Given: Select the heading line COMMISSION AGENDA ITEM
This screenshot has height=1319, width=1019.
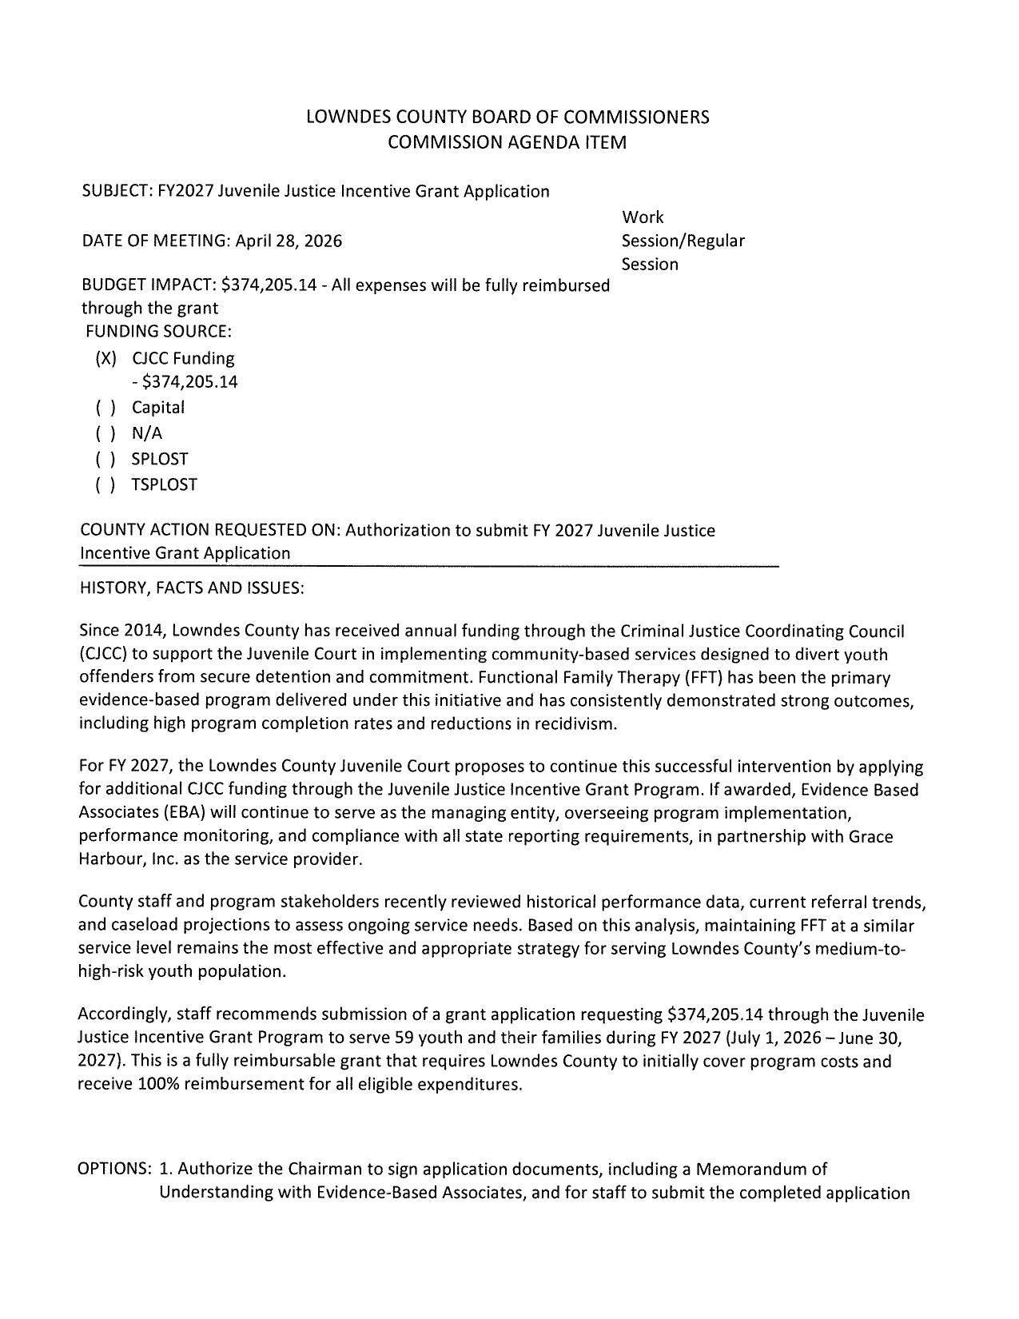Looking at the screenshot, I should [x=507, y=142].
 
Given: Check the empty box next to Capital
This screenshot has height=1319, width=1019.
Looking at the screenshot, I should [x=105, y=408].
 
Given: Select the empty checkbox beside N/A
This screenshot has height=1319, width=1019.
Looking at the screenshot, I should [x=105, y=433].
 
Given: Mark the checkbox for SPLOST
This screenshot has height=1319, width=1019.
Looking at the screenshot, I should [x=105, y=459].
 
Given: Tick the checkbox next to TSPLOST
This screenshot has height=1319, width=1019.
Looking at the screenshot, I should [x=105, y=484].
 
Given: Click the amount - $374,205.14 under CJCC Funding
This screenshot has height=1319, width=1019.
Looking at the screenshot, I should [x=185, y=382].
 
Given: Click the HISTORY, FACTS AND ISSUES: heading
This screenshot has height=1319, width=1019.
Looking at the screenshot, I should [x=191, y=588].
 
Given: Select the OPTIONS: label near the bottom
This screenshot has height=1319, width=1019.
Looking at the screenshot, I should [x=114, y=1169].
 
